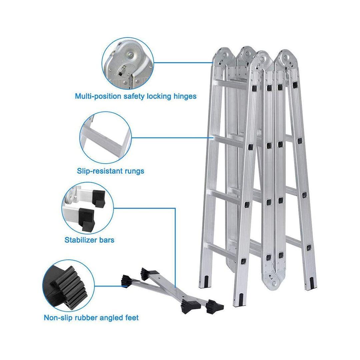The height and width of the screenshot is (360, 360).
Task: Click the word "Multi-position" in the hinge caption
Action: point(98,96)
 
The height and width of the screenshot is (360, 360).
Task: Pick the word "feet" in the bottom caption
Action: point(132,318)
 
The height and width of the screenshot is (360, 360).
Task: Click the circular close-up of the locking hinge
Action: point(128,64)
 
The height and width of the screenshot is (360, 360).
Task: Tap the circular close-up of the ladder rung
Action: point(106,138)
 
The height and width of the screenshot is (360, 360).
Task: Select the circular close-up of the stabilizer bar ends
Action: point(87,208)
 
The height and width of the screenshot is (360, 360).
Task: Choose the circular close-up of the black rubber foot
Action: point(68,286)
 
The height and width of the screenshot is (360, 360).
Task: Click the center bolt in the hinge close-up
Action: point(130,55)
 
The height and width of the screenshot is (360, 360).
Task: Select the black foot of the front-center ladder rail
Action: point(241,300)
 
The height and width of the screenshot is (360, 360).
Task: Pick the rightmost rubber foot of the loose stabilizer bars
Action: point(215,307)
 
